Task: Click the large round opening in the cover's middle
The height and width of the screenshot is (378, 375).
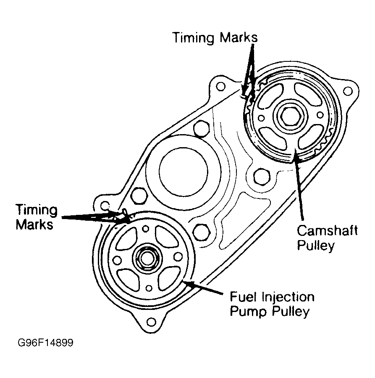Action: pos(183,169)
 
